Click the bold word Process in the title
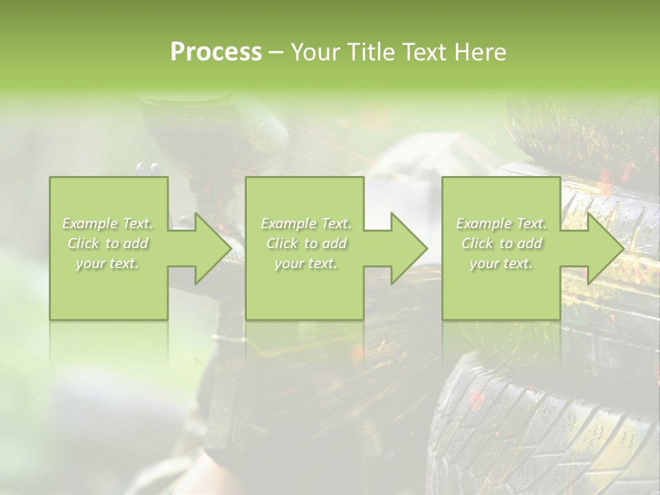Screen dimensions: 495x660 click(216, 52)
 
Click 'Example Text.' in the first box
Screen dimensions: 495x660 click(108, 223)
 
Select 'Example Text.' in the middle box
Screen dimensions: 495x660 click(306, 223)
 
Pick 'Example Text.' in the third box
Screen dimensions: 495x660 click(501, 223)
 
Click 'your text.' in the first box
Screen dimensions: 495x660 click(107, 263)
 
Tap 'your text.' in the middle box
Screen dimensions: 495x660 click(305, 263)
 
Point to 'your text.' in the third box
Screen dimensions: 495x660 click(500, 263)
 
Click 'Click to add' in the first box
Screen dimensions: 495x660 click(108, 243)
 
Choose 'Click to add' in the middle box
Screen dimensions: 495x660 click(306, 243)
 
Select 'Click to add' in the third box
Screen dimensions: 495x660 click(501, 243)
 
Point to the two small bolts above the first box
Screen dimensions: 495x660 click(147, 168)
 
